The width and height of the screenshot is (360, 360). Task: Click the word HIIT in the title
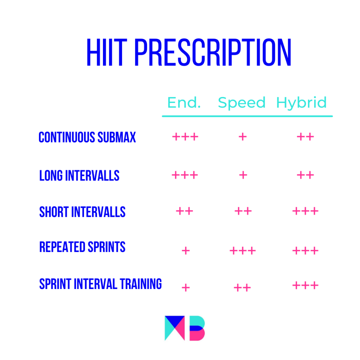click(107, 52)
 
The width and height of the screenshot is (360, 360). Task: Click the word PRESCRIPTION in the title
click(213, 52)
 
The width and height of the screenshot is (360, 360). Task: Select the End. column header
click(184, 102)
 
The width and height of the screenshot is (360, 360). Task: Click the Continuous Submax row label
click(87, 137)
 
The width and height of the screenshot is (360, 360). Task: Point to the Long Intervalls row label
click(79, 176)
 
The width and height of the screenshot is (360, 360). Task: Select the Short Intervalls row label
click(82, 212)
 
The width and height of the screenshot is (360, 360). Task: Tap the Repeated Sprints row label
click(82, 247)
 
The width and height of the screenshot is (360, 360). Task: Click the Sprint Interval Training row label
click(101, 284)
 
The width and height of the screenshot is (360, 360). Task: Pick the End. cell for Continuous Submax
click(185, 137)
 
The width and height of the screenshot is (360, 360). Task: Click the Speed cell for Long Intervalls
click(243, 175)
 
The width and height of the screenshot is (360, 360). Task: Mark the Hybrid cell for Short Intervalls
click(306, 211)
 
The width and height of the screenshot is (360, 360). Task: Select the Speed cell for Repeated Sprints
click(243, 250)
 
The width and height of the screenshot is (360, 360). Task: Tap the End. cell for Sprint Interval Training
click(186, 288)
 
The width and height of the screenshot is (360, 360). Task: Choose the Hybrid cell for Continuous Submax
click(306, 137)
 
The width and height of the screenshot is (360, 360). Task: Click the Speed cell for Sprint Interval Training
click(242, 288)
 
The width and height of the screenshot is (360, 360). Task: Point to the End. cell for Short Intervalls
click(184, 211)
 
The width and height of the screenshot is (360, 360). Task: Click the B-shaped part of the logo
click(197, 328)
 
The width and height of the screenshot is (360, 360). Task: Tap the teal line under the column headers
click(247, 116)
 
